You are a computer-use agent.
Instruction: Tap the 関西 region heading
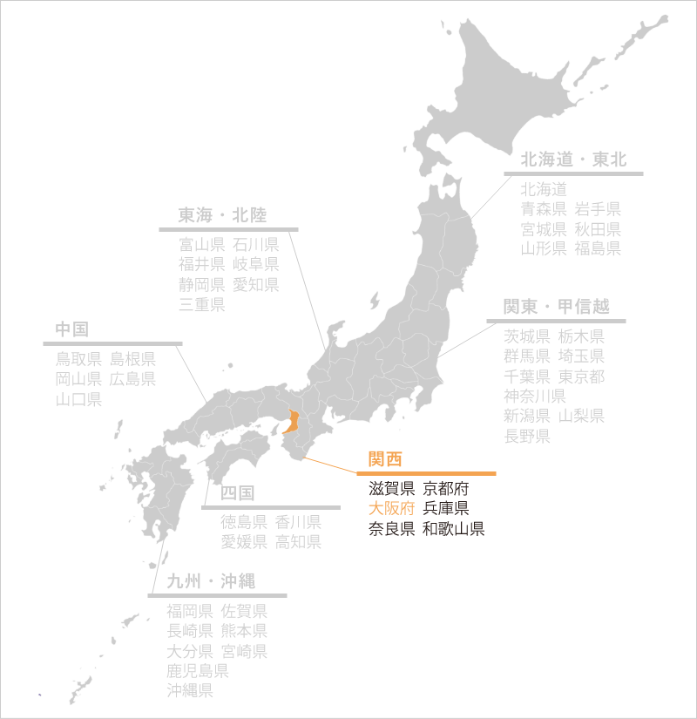pos(385,459)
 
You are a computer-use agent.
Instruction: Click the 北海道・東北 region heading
pos(573,159)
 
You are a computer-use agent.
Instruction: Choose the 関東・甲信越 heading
pos(556,307)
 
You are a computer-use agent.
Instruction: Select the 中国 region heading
pos(72,329)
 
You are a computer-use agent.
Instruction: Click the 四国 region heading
pos(237,493)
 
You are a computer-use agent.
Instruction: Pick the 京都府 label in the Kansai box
pos(445,489)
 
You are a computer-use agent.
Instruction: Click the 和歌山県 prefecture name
pos(453,529)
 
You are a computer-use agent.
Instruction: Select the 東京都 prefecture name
pos(581,376)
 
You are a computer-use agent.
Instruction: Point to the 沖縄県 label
pos(190,691)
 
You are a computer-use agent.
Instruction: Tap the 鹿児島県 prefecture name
pos(198,671)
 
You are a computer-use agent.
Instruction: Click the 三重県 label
pos(202,304)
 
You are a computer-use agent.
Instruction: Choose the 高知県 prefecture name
pos(298,542)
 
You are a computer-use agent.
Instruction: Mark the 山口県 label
pos(79,399)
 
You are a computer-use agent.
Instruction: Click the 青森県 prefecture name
pos(544,208)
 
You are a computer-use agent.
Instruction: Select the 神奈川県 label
pos(535,397)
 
